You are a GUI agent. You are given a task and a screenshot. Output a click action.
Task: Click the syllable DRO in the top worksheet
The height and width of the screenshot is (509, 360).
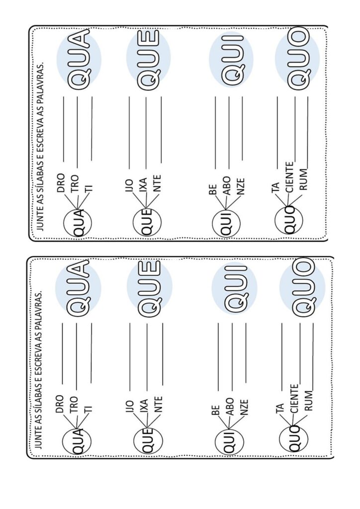tap(61, 182)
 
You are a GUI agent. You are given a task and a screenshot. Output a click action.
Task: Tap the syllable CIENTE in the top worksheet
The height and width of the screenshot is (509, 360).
tap(290, 177)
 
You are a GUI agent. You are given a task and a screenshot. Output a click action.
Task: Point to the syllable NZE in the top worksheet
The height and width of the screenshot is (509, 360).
tap(241, 186)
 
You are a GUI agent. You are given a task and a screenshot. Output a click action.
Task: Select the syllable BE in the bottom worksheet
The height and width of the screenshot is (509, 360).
tap(215, 410)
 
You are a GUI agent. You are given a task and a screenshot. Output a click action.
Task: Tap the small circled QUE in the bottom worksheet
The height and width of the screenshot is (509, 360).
tap(148, 441)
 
